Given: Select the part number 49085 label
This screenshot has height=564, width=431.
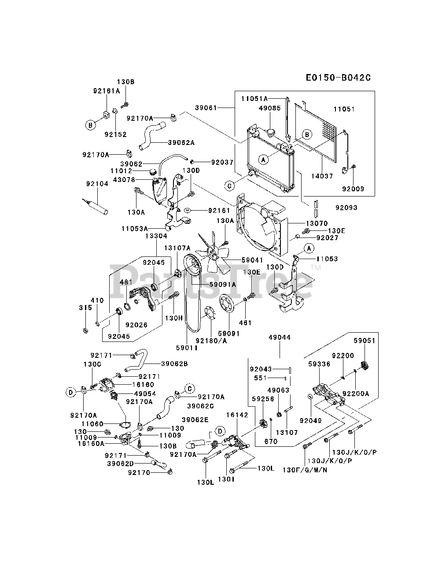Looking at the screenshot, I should pyautogui.click(x=270, y=108).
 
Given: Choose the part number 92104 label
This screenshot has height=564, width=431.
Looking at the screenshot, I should pyautogui.click(x=97, y=184).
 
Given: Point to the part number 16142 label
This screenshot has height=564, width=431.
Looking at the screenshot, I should pyautogui.click(x=237, y=415).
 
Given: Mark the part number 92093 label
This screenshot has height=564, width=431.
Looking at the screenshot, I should pyautogui.click(x=346, y=208).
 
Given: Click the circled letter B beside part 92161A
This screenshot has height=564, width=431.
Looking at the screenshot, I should pyautogui.click(x=90, y=126).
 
